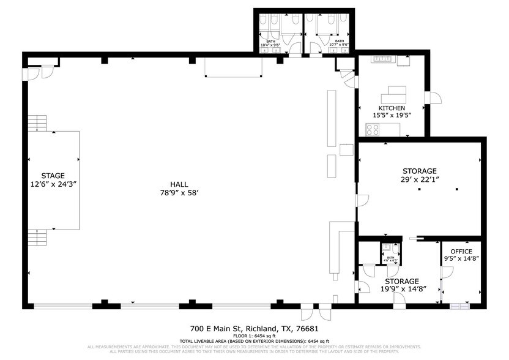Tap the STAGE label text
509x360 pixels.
[x=53, y=176]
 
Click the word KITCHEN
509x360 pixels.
[x=392, y=108]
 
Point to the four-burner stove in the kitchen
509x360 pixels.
[x=373, y=129]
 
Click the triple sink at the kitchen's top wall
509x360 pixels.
[x=383, y=59]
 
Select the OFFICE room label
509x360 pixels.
[x=461, y=251]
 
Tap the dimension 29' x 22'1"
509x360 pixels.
[x=419, y=179]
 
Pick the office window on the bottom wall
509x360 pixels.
[x=457, y=304]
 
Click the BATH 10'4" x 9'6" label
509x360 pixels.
[x=270, y=43]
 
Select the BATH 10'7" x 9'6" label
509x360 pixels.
[x=338, y=43]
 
